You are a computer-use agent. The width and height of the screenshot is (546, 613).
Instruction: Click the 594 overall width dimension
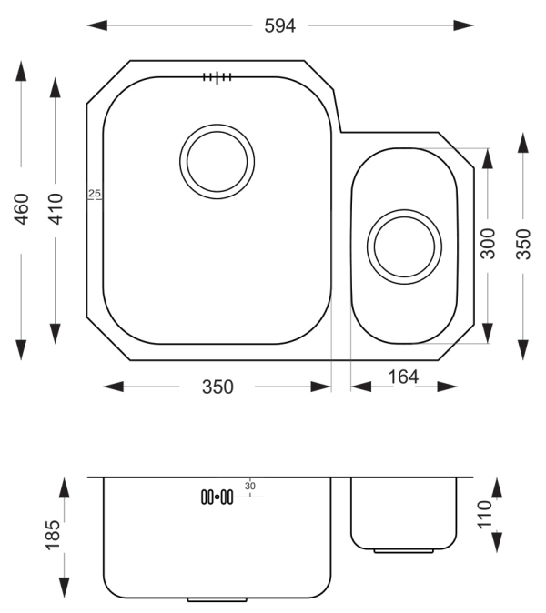[x=280, y=25]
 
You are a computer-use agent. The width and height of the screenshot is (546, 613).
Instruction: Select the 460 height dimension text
[x=22, y=209]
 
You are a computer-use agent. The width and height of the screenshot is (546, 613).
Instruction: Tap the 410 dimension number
[x=56, y=209]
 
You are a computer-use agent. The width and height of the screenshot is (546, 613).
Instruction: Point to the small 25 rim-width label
[x=95, y=193]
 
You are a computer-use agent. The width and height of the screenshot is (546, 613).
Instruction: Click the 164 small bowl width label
[x=403, y=377]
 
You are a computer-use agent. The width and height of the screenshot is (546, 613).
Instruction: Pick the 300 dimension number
[x=488, y=244]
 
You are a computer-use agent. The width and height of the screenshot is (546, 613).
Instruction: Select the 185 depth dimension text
[x=53, y=535]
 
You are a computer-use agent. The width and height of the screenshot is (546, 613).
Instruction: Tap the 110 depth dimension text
[x=485, y=514]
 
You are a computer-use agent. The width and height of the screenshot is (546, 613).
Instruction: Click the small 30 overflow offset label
[x=250, y=486]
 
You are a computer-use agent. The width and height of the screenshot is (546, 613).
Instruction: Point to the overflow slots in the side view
[x=217, y=497]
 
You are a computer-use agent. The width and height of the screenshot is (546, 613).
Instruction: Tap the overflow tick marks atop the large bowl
[x=217, y=77]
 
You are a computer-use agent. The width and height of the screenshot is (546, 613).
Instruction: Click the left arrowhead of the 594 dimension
[x=96, y=25]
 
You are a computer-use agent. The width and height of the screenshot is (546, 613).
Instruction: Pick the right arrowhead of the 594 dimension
[x=464, y=25]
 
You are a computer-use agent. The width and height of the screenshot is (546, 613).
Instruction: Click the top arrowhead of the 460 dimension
[x=22, y=71]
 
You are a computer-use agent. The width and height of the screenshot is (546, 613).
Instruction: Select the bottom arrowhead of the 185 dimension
[x=64, y=588]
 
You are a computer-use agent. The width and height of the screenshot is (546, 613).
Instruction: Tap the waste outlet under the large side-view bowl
[x=217, y=599]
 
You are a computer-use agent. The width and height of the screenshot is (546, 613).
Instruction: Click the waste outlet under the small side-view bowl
[x=404, y=551]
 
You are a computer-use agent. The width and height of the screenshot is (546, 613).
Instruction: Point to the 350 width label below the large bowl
[x=217, y=387]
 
